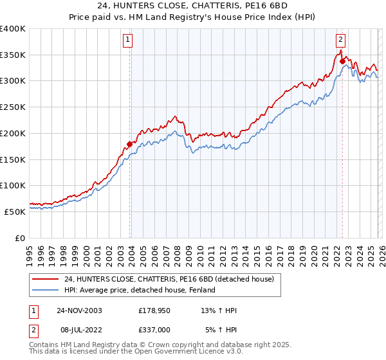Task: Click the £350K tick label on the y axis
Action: [13, 55]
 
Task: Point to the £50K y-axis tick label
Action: [15, 212]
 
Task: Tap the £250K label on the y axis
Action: [13, 107]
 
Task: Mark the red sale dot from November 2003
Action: [129, 144]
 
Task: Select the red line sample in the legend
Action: [46, 279]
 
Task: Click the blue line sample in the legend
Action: [46, 290]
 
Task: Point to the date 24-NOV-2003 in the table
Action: [78, 310]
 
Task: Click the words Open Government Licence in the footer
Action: [184, 352]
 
